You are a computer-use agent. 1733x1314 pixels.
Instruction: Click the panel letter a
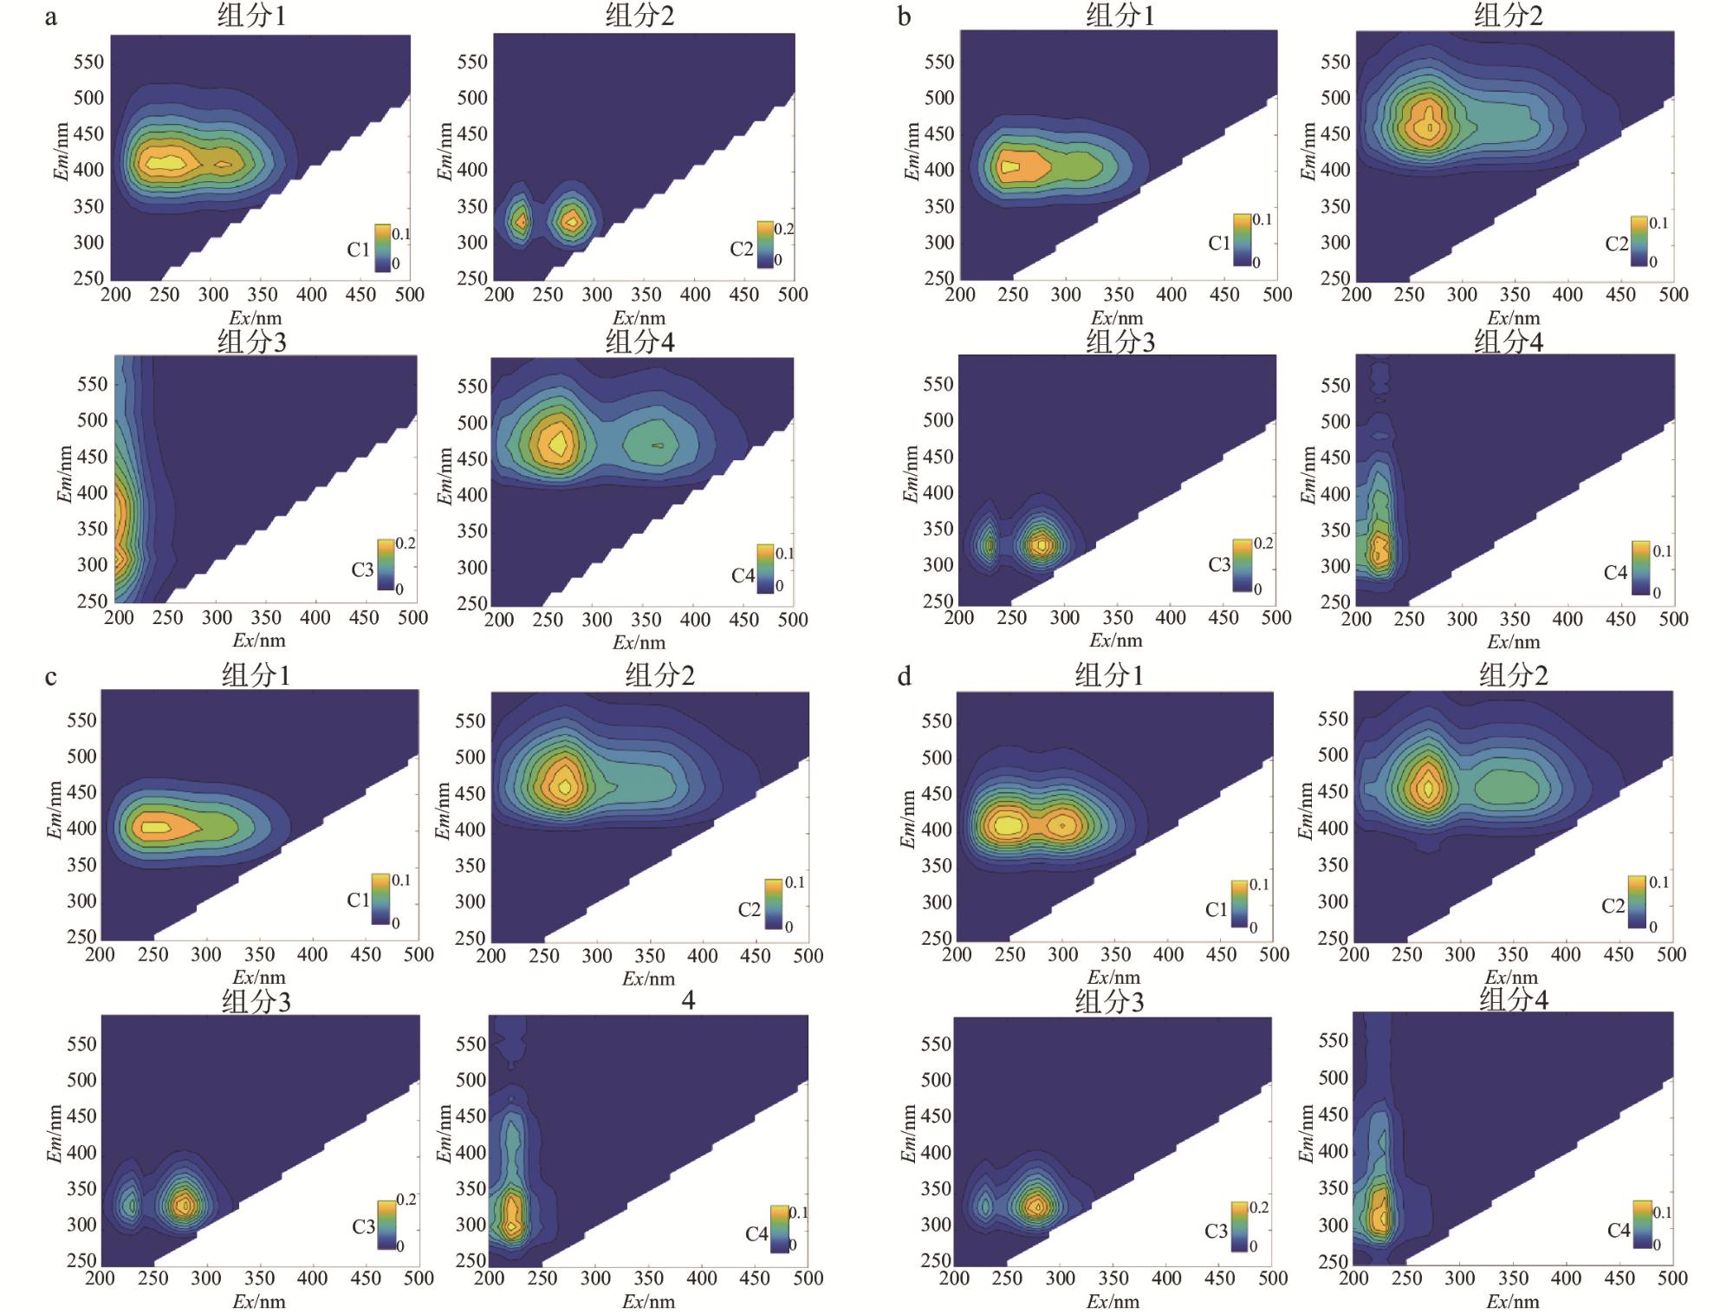[51, 17]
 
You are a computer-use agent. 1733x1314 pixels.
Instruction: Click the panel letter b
[904, 17]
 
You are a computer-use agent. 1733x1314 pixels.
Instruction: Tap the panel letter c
[51, 677]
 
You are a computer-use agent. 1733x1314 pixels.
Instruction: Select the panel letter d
[904, 677]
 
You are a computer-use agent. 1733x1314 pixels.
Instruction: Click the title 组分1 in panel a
[251, 16]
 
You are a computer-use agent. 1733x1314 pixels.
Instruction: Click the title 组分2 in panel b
[1509, 16]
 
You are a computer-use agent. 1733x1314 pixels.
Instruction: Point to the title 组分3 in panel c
[256, 1002]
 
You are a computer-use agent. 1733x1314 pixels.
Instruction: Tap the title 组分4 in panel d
[1514, 1000]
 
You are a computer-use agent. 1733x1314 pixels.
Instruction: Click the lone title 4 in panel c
[688, 1001]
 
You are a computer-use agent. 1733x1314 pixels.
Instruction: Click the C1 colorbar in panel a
[382, 248]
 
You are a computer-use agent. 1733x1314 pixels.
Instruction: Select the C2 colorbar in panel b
[1639, 240]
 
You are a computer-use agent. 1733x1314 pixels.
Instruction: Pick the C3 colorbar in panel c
[386, 1223]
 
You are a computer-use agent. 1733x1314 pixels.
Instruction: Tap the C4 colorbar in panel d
[1642, 1224]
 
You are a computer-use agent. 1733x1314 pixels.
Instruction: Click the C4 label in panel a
[743, 576]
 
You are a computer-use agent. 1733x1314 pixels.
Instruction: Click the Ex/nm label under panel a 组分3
[258, 641]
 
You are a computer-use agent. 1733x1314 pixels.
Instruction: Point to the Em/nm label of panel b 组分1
[912, 152]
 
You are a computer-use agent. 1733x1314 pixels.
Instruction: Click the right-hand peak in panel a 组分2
[572, 221]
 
